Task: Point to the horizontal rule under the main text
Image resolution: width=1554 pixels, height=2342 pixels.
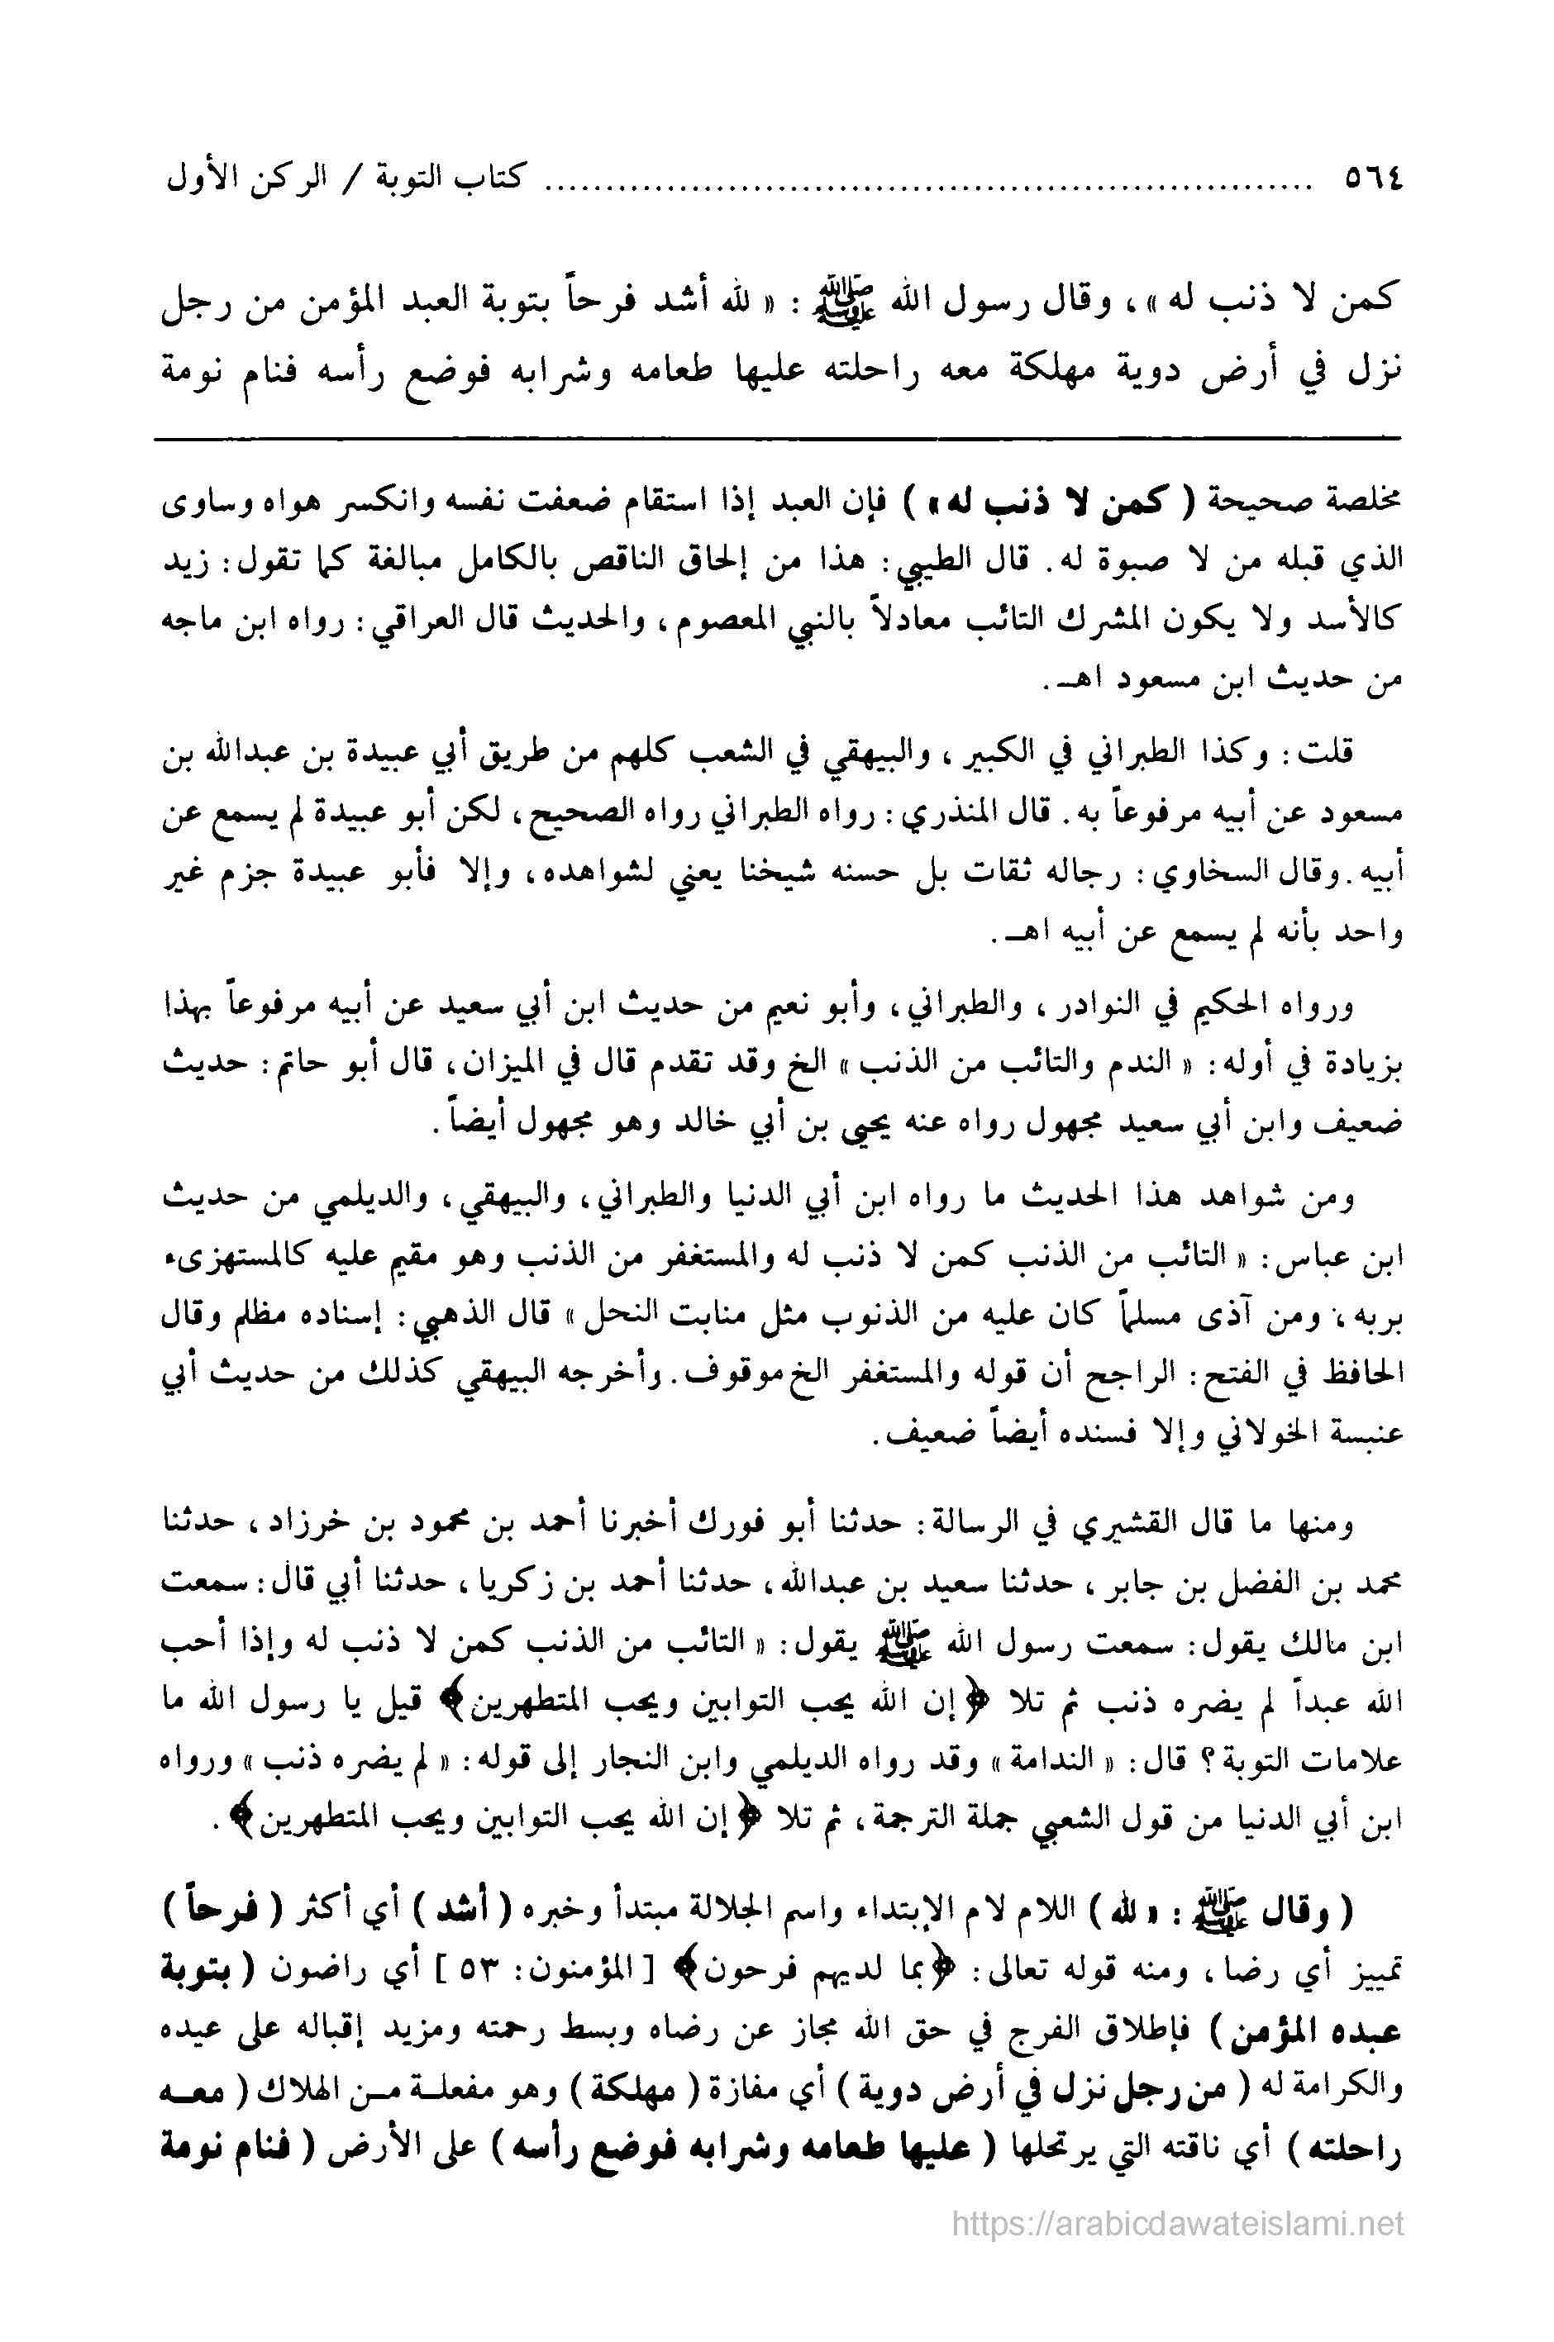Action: pyautogui.click(x=777, y=439)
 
